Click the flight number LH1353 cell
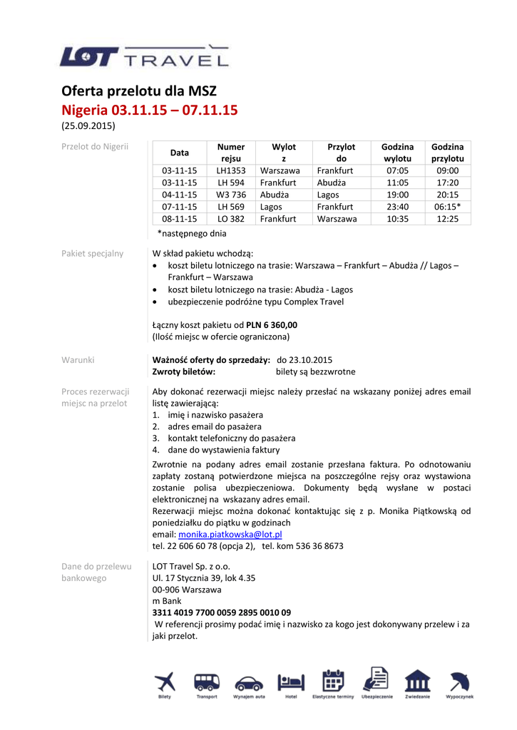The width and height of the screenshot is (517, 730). (231, 171)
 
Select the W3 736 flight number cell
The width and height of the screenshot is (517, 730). (231, 195)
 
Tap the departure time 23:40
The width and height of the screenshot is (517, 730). (397, 207)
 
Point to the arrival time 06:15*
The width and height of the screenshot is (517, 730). (447, 207)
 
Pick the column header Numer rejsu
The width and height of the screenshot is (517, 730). (231, 153)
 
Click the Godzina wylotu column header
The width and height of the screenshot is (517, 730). (397, 153)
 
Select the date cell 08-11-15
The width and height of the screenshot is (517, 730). (179, 219)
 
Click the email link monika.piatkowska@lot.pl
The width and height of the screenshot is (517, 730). (230, 534)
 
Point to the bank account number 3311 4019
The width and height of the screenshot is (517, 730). (222, 612)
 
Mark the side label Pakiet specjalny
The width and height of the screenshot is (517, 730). (92, 253)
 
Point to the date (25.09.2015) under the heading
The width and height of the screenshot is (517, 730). (88, 126)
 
